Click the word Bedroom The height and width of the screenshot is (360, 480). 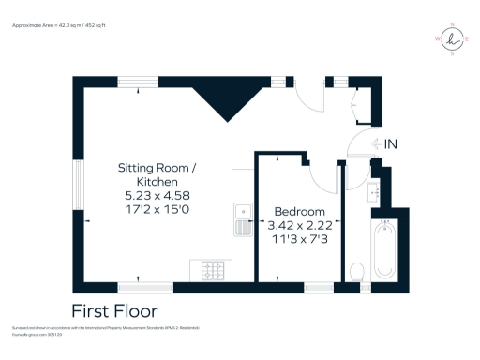299,211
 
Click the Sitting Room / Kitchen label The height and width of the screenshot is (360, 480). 157,174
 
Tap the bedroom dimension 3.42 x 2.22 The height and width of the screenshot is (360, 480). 300,226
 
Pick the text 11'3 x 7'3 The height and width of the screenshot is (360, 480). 300,240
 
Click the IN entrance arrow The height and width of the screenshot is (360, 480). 384,143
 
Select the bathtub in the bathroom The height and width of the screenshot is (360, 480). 384,249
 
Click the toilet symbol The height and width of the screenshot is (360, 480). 356,272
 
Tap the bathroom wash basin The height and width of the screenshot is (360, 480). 375,193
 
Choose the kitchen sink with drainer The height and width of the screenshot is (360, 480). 241,218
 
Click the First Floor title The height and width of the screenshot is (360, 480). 115,310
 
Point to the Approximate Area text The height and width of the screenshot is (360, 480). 58,26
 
